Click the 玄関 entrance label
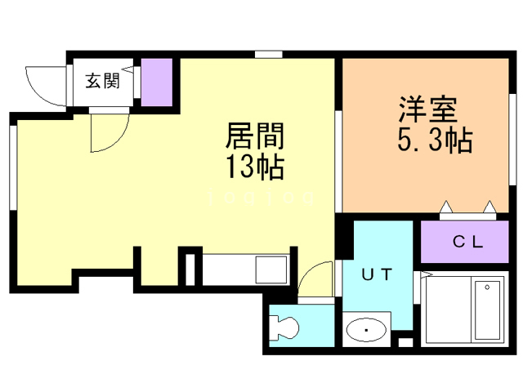103,81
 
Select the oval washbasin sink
366,331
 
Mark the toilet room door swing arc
315,283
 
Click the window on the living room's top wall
266,56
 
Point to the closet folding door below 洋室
468,210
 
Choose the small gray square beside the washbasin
405,339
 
